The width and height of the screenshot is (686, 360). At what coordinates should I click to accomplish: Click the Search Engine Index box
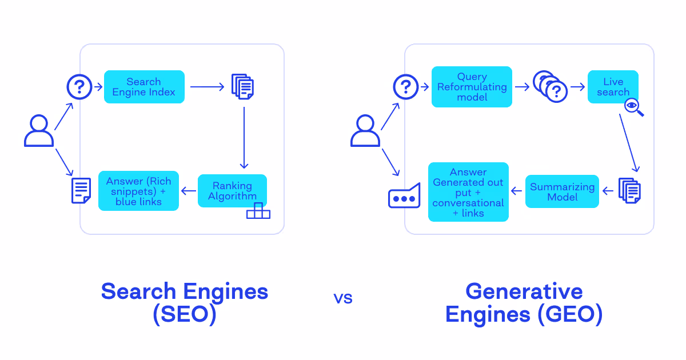144,87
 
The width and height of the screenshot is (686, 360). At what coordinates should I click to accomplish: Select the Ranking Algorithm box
232,191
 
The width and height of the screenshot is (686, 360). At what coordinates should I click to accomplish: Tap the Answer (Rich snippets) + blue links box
138,191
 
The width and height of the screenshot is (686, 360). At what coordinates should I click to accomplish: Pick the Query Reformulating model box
472,87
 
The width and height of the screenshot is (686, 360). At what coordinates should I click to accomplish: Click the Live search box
613,87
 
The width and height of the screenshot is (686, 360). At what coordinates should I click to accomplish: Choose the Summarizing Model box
562,191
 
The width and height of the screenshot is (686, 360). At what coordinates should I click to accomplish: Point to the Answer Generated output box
468,192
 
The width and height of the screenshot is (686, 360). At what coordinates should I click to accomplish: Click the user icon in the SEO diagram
39,131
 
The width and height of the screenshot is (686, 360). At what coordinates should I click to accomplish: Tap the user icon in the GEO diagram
365,131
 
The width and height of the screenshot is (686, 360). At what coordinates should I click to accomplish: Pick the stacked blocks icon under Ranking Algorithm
258,211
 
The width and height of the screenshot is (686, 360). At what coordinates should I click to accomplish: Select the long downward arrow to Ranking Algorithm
244,137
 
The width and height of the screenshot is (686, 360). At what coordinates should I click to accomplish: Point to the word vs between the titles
343,298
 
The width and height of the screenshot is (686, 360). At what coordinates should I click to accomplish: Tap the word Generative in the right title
524,291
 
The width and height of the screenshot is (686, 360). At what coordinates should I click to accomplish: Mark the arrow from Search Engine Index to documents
208,87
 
